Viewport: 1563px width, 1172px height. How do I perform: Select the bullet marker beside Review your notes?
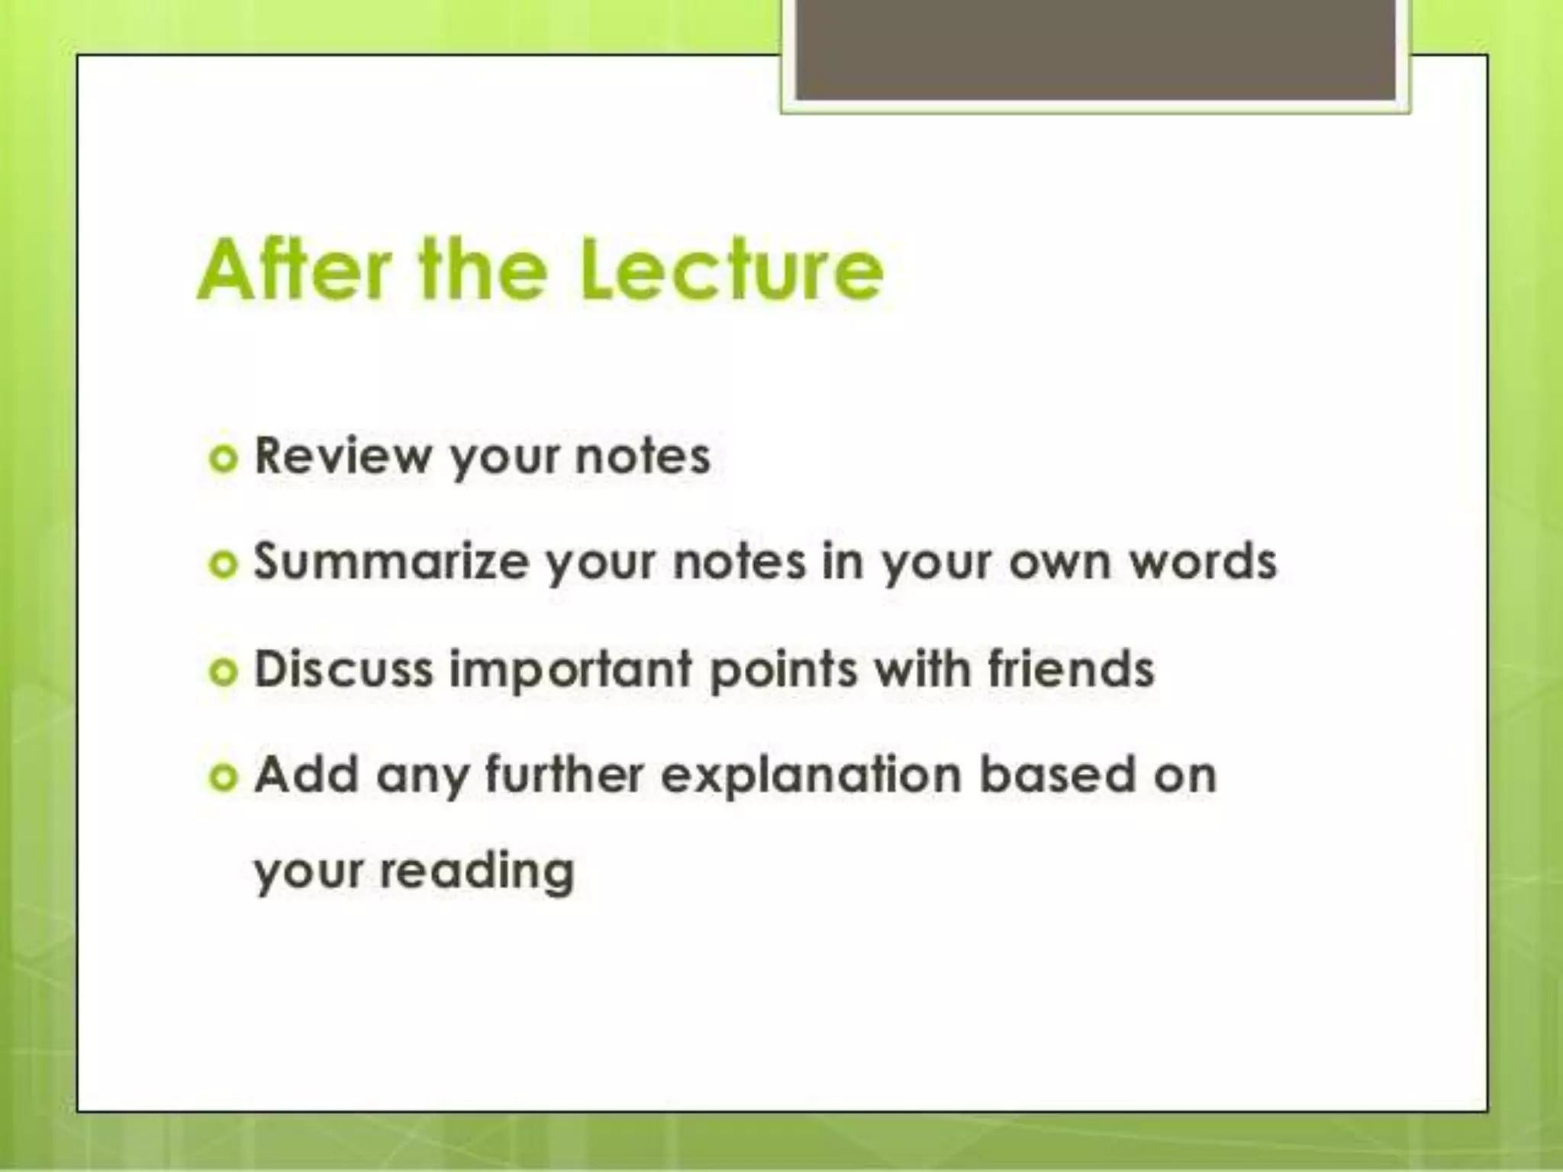tap(224, 459)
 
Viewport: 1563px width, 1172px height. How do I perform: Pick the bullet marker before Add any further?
tap(224, 778)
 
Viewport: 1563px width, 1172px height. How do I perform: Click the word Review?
tap(343, 456)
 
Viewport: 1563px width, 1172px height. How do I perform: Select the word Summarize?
tap(391, 562)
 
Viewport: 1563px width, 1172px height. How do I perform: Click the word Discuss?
tap(343, 668)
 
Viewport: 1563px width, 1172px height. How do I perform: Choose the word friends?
tap(1071, 668)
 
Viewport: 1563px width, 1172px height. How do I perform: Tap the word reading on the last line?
tap(477, 871)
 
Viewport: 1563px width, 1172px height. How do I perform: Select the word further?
tap(565, 774)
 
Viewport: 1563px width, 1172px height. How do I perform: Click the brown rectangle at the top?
tap(1095, 49)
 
